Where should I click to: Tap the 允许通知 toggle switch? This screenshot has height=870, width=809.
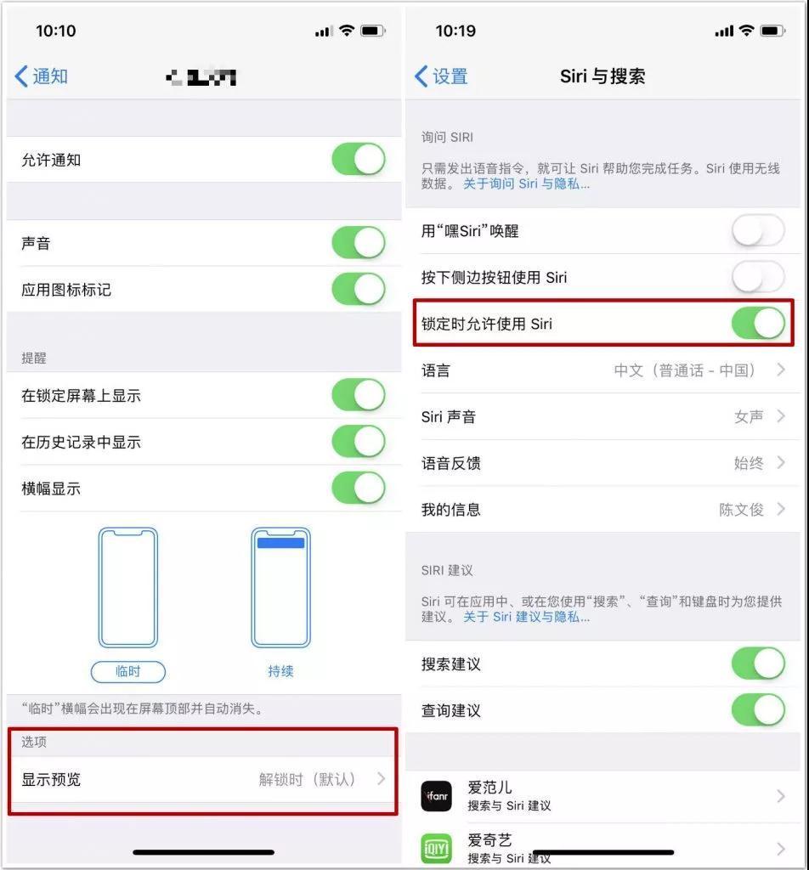point(358,160)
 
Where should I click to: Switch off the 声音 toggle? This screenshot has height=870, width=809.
point(358,243)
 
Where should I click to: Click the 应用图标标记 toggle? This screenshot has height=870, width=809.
point(358,290)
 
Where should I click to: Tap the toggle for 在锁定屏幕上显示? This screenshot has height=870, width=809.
point(358,395)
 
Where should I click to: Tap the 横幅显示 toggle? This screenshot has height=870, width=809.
point(358,489)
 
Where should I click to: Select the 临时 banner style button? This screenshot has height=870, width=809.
point(127,671)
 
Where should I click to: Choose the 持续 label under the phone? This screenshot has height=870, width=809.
point(280,671)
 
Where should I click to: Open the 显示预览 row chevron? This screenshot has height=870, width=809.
point(381,779)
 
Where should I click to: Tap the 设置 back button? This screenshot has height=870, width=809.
point(441,76)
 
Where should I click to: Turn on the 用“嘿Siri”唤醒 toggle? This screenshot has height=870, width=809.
point(758,231)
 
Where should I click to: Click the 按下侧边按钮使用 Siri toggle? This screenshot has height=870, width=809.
point(758,277)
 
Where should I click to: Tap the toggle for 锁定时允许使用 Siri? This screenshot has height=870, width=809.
point(758,324)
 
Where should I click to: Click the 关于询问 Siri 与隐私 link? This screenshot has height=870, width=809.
point(526,184)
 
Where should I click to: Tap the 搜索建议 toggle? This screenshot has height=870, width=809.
point(758,664)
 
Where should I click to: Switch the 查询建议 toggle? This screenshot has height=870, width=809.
point(758,709)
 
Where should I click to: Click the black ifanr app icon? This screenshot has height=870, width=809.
point(437,796)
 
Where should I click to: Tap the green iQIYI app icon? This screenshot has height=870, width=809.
point(437,848)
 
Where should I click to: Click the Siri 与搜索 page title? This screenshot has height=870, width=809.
point(603,76)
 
